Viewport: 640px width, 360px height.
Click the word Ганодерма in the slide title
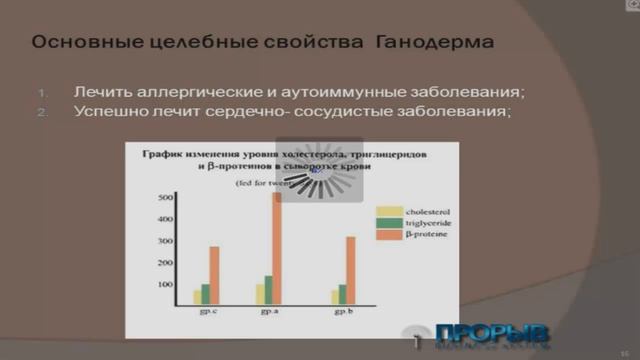point(439,43)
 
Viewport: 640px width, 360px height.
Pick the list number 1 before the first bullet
point(43,94)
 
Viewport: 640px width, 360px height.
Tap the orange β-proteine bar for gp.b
point(350,270)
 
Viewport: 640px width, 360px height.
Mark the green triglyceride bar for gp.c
point(205,294)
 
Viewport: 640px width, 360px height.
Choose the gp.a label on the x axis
point(269,313)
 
